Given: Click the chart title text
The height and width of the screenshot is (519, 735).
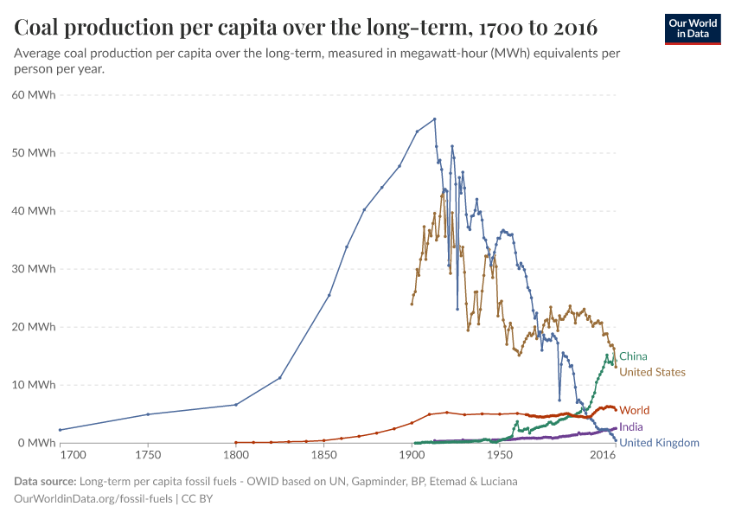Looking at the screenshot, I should (x=306, y=28).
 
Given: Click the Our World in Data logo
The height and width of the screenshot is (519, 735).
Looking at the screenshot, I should (x=693, y=29).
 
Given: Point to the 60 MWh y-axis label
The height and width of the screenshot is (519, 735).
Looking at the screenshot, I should (x=35, y=95).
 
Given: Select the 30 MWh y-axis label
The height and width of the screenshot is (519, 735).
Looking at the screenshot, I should (x=35, y=269).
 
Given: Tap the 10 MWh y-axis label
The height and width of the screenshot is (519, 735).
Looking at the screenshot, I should (x=35, y=385).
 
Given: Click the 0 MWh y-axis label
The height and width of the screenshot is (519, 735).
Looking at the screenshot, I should (x=39, y=443).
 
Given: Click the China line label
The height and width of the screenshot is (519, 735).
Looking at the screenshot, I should (x=633, y=356).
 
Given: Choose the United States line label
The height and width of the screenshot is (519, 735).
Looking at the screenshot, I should (x=652, y=373).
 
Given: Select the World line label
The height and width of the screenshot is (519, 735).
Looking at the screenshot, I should (x=635, y=410).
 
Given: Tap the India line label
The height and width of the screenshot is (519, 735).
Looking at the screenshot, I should (x=631, y=427).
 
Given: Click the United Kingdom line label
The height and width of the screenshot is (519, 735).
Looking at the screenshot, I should (x=659, y=443).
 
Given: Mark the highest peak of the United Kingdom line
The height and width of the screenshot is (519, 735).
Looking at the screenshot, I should (x=434, y=119).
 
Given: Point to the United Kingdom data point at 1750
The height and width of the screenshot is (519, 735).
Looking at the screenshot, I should (x=148, y=414).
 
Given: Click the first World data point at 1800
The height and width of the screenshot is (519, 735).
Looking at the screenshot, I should (x=235, y=442).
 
